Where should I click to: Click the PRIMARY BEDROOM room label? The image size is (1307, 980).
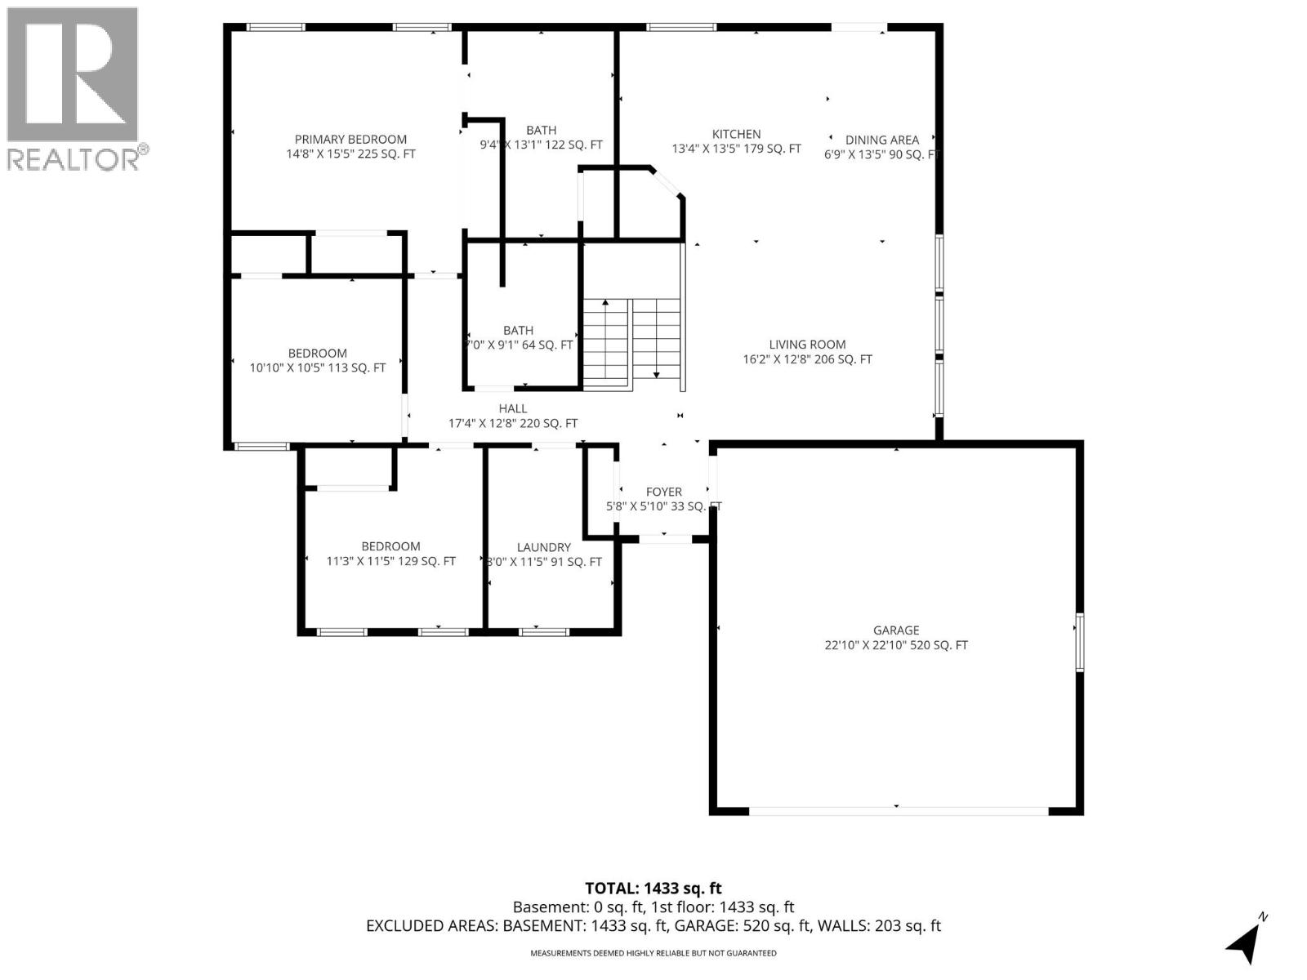coord(350,140)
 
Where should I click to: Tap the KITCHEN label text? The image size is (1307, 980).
coord(736,135)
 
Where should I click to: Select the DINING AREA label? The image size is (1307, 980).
coord(881,140)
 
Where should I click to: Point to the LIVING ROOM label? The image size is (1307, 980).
coord(807,345)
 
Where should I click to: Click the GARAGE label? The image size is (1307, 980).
coord(896,630)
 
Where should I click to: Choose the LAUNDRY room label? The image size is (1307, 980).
coord(543,548)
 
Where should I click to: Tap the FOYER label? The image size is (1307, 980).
coord(663,492)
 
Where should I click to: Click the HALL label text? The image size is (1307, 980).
coord(513,408)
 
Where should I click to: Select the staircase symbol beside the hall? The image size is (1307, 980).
coord(631,343)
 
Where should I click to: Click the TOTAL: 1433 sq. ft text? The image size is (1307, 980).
coord(653,889)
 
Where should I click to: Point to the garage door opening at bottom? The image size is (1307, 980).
coord(898,811)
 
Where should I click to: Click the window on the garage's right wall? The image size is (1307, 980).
coord(1079,642)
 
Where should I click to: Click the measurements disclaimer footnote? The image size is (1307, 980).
coord(653,953)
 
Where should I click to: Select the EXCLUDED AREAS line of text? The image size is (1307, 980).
coord(653,926)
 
